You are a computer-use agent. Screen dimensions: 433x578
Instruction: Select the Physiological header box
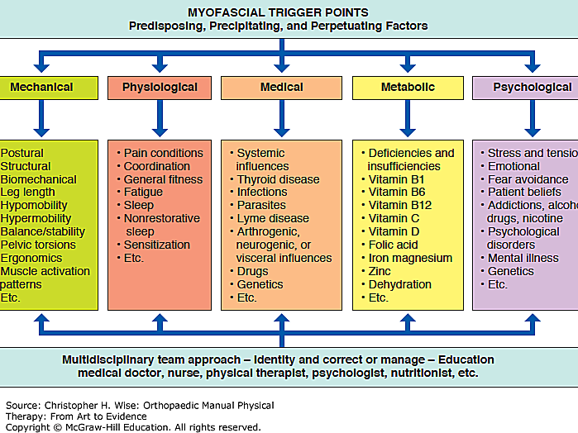160,88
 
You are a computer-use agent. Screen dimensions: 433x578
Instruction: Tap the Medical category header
281,88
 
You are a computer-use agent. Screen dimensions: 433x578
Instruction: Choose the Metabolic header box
408,88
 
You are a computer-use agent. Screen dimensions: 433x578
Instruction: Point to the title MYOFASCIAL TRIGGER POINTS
278,12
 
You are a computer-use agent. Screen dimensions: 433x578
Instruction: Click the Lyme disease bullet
273,219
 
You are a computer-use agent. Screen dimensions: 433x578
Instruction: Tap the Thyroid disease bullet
278,179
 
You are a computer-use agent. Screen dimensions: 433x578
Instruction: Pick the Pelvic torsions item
38,245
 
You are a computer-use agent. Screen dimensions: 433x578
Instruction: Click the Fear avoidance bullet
528,179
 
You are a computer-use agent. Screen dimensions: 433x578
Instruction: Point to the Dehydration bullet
400,284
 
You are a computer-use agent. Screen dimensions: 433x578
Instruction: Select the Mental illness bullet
523,258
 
